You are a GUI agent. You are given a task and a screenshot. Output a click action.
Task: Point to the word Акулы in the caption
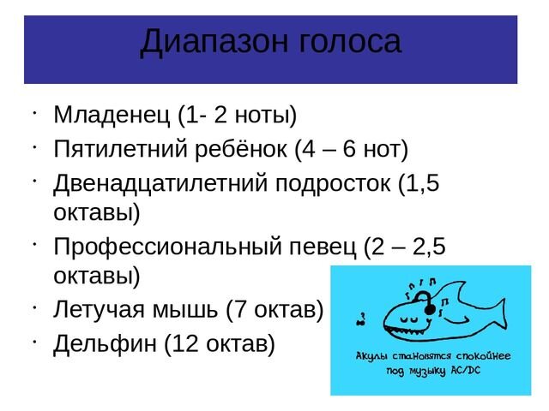[x=374, y=355]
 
